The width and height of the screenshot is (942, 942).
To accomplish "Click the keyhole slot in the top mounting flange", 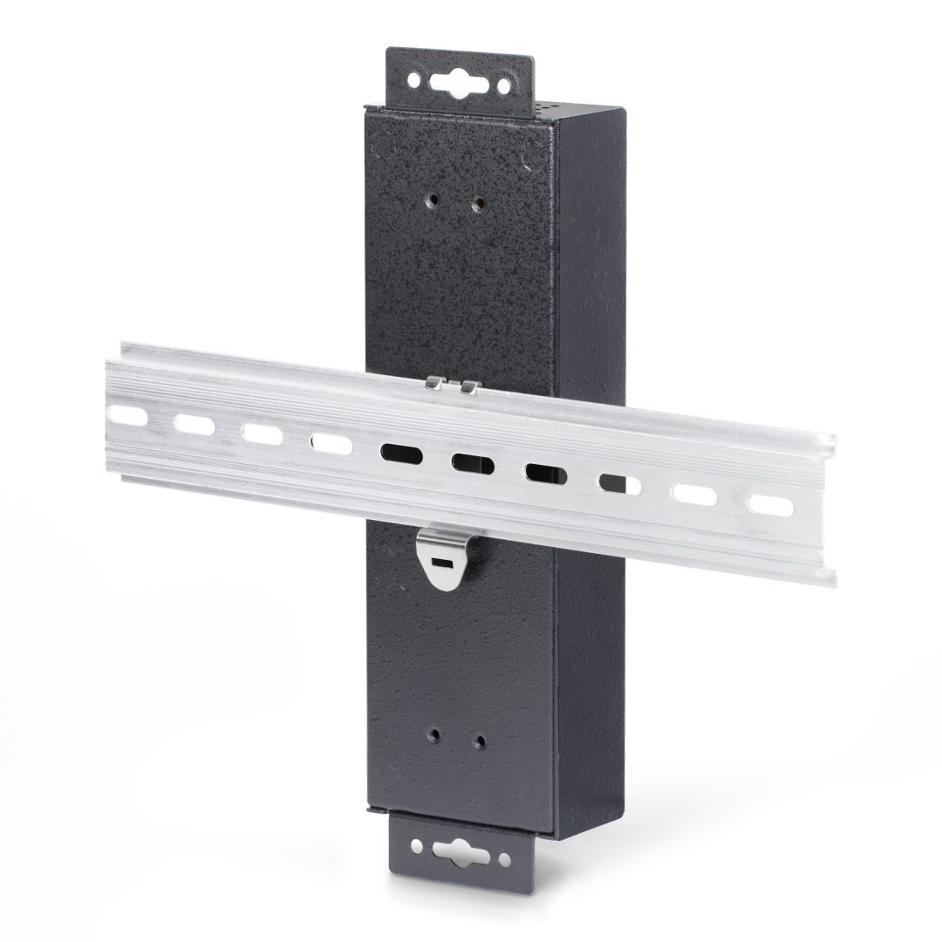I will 459,79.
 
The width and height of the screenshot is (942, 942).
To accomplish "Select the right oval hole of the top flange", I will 503,81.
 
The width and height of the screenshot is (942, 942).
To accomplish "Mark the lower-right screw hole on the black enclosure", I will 479,740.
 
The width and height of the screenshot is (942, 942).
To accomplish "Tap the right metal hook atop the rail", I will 469,385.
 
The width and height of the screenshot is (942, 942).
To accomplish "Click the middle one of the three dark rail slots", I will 471,463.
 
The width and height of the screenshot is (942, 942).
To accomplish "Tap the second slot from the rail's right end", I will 694,493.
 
